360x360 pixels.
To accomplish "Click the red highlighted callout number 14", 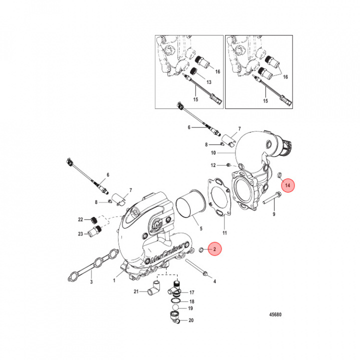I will point(288,186).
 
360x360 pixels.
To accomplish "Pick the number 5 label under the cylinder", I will point(201,228).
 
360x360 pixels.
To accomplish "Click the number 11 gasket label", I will point(224,233).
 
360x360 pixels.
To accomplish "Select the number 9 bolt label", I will point(273,214).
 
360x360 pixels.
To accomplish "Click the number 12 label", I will point(212,165).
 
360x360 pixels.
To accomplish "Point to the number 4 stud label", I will point(214,282).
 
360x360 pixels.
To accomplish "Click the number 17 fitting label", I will point(191,292).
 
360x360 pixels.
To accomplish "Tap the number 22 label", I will point(80,220).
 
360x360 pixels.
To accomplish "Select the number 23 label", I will point(80,233).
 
